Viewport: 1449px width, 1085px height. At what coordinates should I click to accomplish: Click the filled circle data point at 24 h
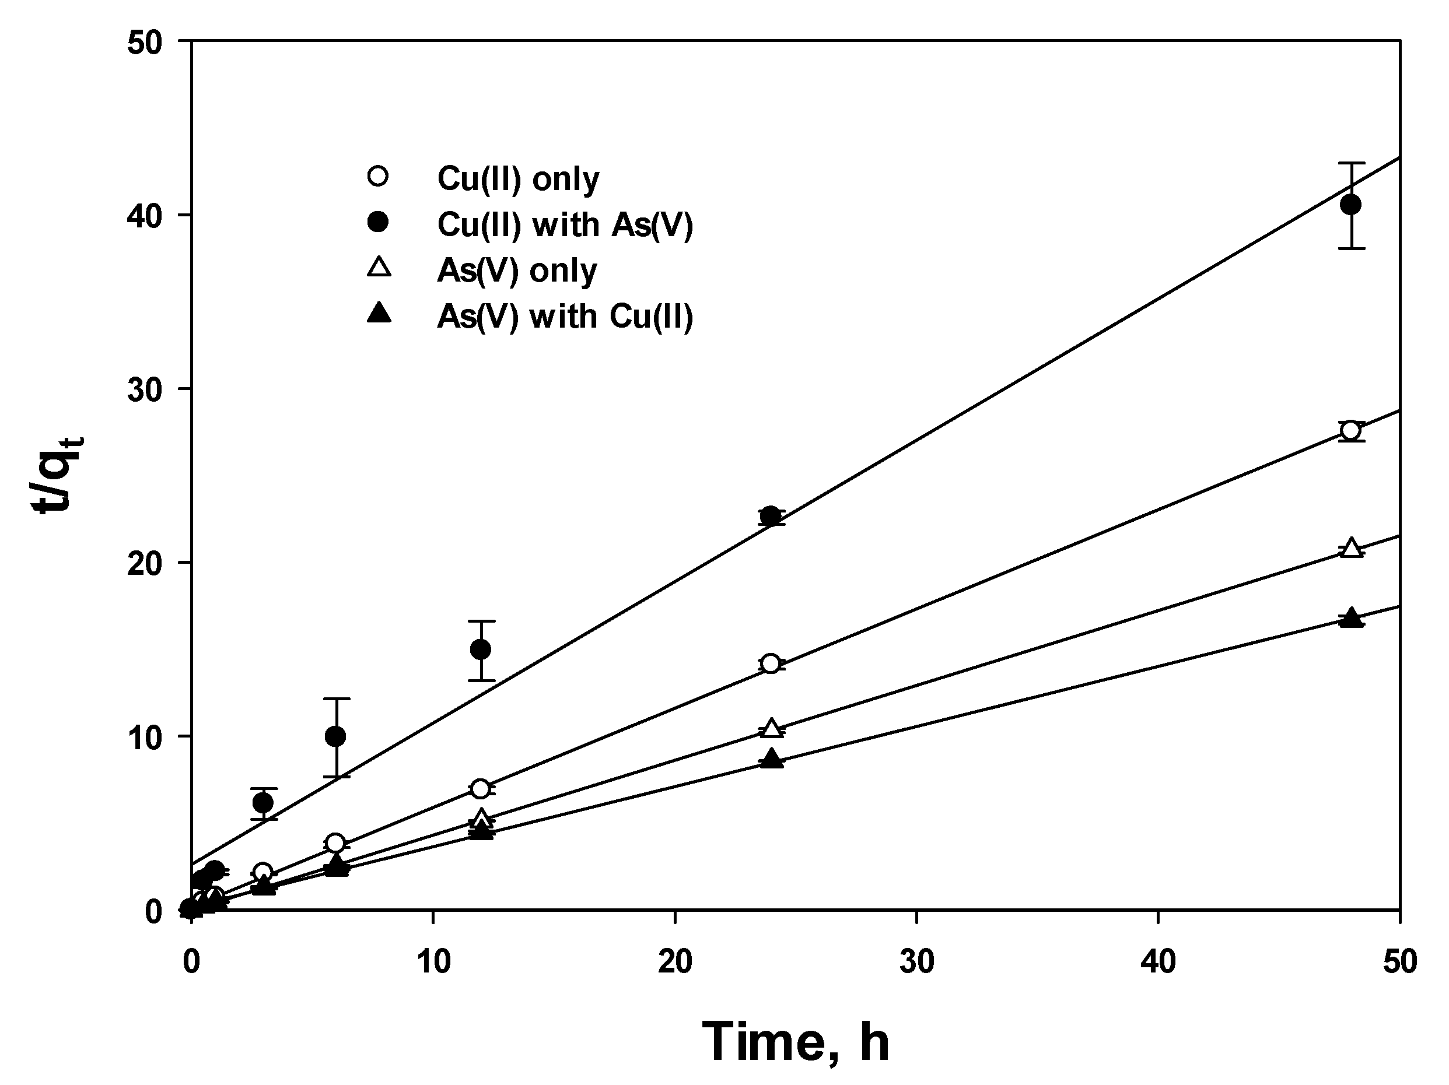coord(771,516)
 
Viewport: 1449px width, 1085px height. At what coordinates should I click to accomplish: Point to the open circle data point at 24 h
coord(771,663)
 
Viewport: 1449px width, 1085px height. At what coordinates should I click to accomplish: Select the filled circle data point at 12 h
coord(481,649)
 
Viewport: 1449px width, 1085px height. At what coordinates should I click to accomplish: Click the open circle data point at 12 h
coord(481,788)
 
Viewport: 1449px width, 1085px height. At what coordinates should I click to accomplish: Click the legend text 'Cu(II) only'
coord(517,179)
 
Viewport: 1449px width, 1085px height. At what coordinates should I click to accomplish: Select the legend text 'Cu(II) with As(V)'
coord(565,224)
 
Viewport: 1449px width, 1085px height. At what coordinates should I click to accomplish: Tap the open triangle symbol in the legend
coord(379,268)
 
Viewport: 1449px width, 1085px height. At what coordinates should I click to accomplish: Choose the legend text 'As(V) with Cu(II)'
coord(565,316)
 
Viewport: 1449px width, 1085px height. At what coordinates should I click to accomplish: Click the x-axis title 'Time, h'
coord(795,1042)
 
